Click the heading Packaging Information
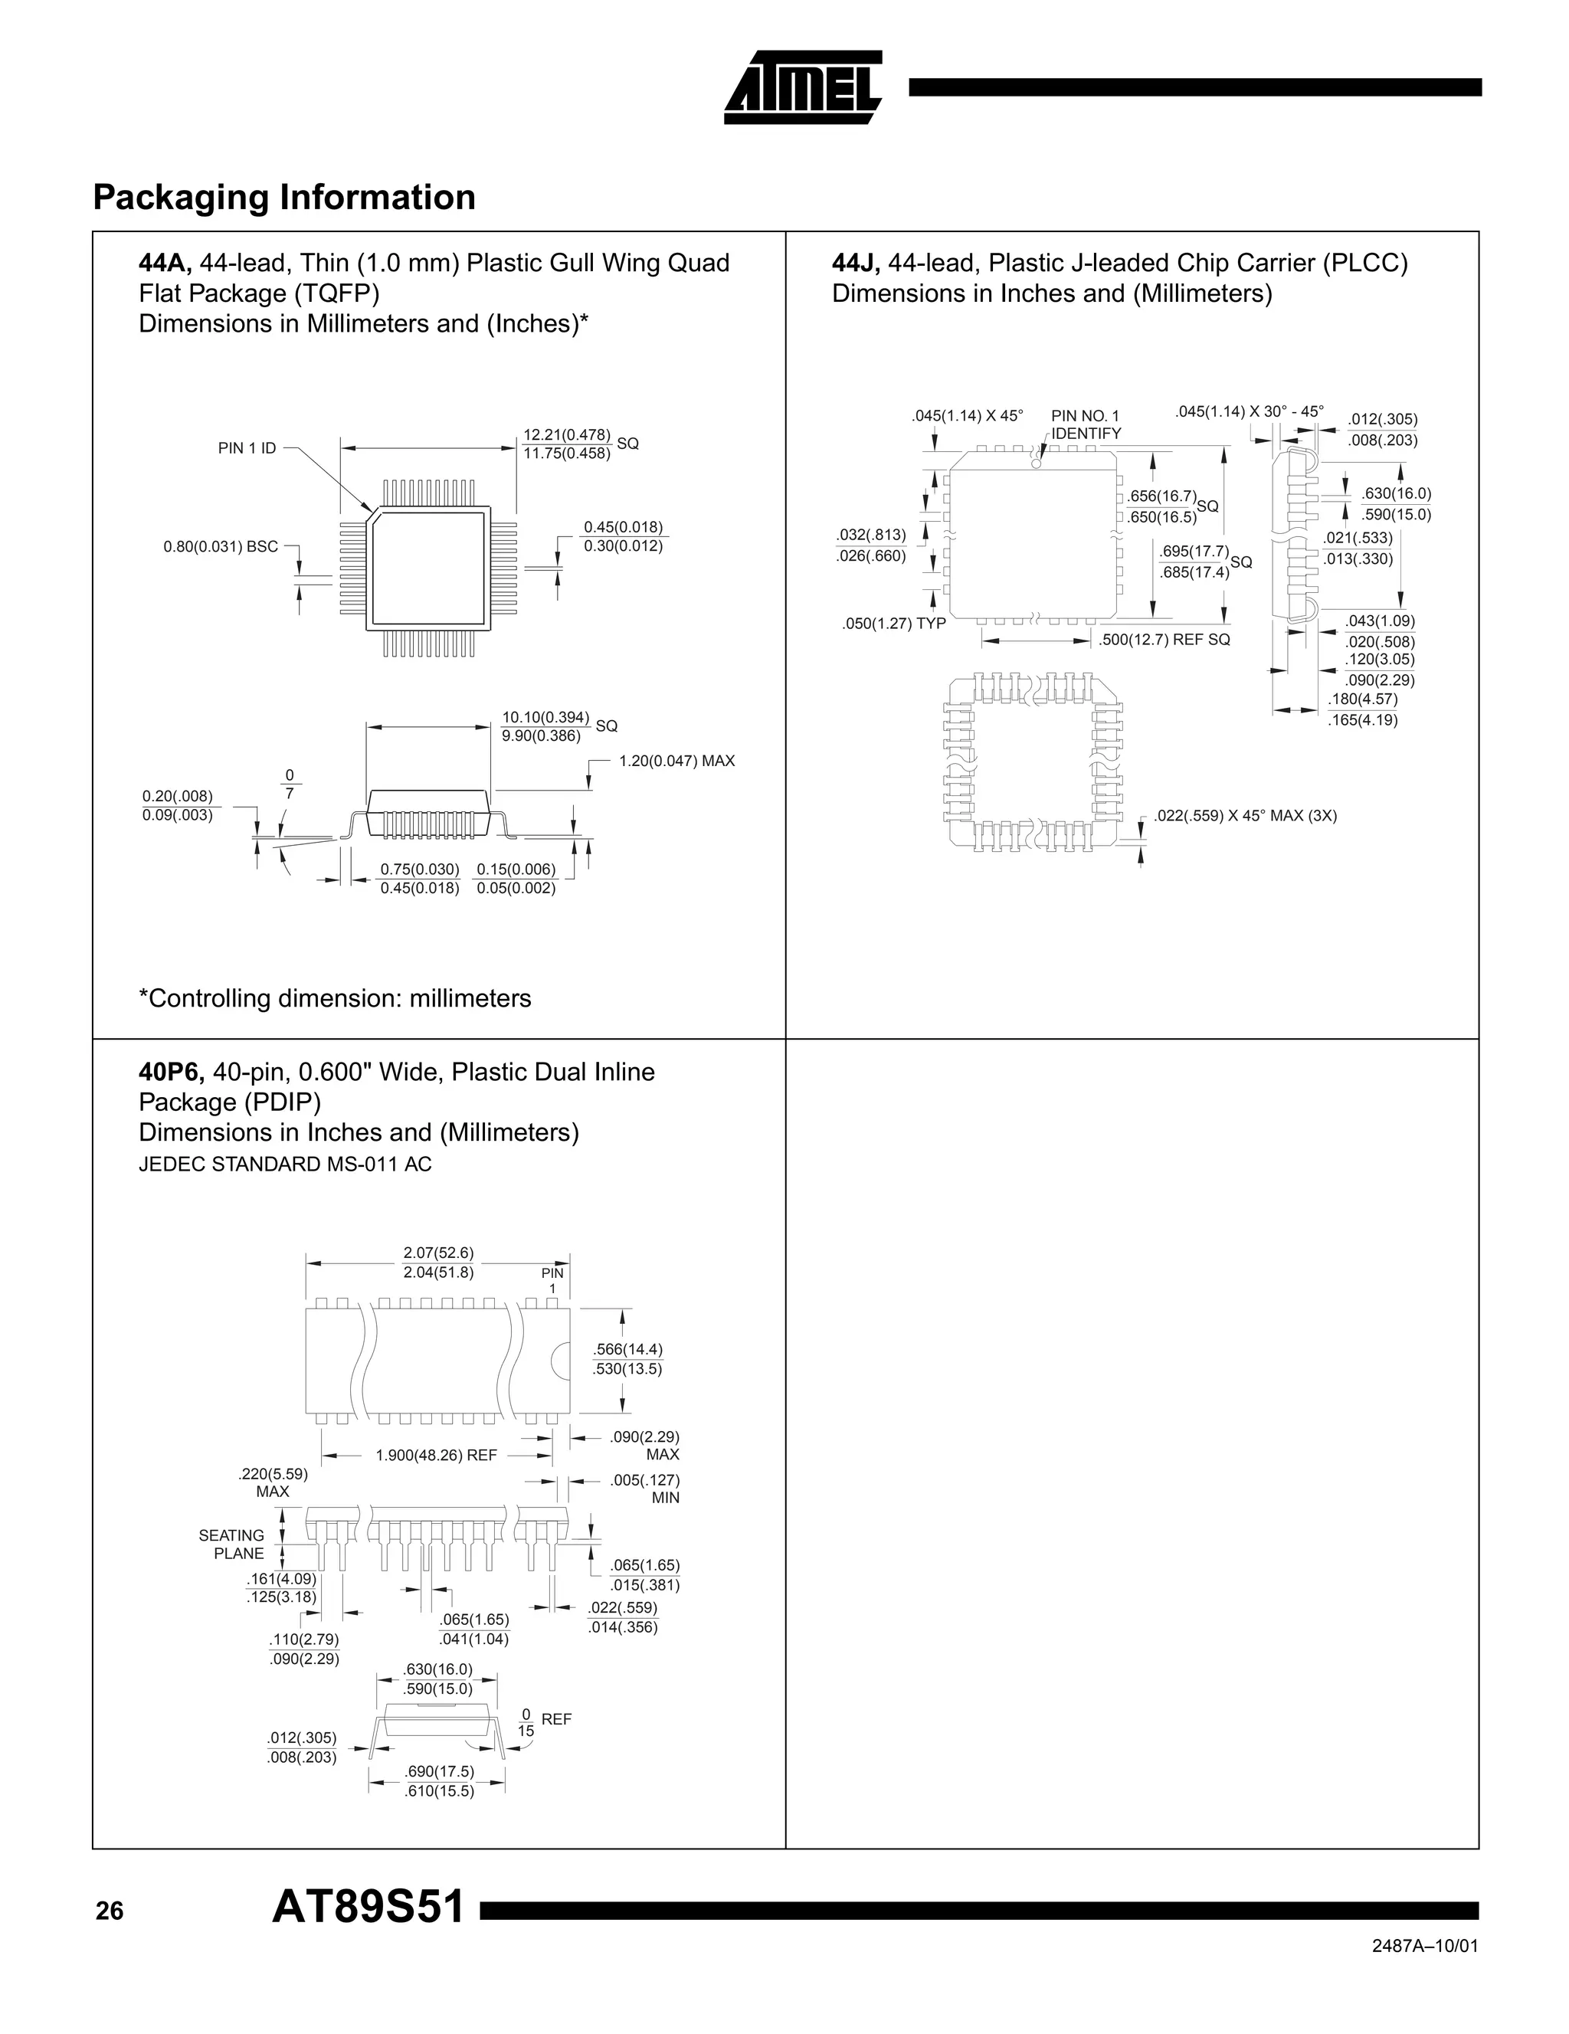pos(284,198)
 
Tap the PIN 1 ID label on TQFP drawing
pos(247,448)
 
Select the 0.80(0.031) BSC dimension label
pos(221,547)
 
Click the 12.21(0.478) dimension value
pos(566,435)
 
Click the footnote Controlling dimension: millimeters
pos(334,998)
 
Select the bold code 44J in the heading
pos(855,264)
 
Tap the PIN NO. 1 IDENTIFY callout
pos(1086,424)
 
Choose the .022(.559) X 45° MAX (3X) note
pos(1245,816)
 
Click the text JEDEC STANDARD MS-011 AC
pos(285,1164)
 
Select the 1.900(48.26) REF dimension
pos(436,1455)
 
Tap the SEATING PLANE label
pos(232,1544)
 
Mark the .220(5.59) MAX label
pos(273,1482)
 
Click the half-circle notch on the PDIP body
pos(562,1361)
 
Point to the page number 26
pos(109,1911)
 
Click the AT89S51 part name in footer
pos(368,1908)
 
